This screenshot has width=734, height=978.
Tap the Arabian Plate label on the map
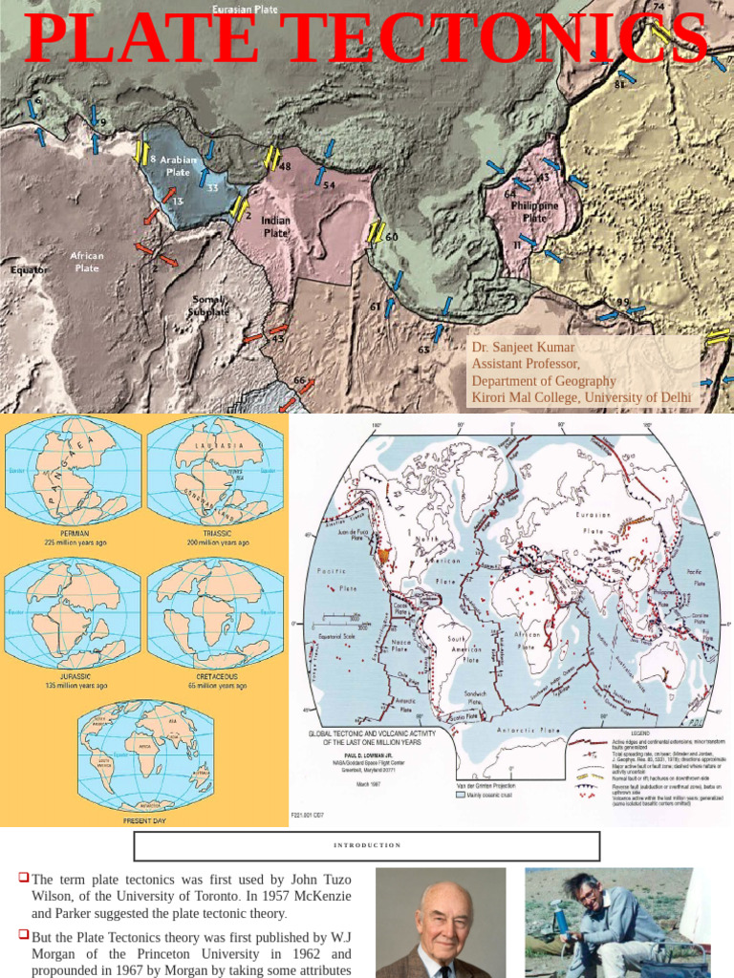178,166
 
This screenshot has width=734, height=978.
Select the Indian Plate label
275,226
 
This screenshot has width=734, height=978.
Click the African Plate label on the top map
87,262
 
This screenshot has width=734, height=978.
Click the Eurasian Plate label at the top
245,10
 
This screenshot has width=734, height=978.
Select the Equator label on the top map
29,269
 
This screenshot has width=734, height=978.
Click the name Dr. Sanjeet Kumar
523,348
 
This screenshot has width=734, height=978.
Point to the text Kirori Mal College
524,397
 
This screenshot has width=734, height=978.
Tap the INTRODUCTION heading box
367,845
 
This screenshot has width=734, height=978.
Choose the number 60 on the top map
392,237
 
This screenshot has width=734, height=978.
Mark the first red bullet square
23,877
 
